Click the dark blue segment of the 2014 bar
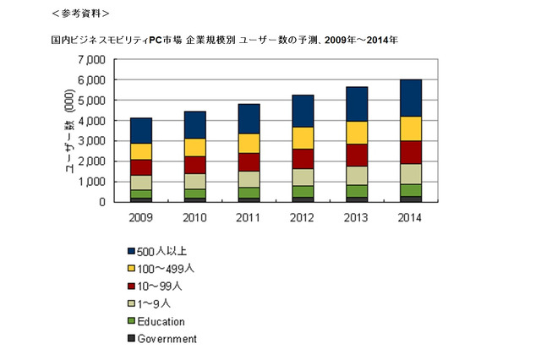tap(411, 97)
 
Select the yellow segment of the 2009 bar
tap(141, 151)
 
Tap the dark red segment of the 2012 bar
tap(303, 158)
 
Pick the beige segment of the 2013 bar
tap(357, 175)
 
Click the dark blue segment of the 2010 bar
tap(195, 124)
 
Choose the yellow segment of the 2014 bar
tap(411, 128)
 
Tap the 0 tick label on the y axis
tap(101, 202)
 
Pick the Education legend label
tap(160, 321)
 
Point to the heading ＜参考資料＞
tap(79, 14)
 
